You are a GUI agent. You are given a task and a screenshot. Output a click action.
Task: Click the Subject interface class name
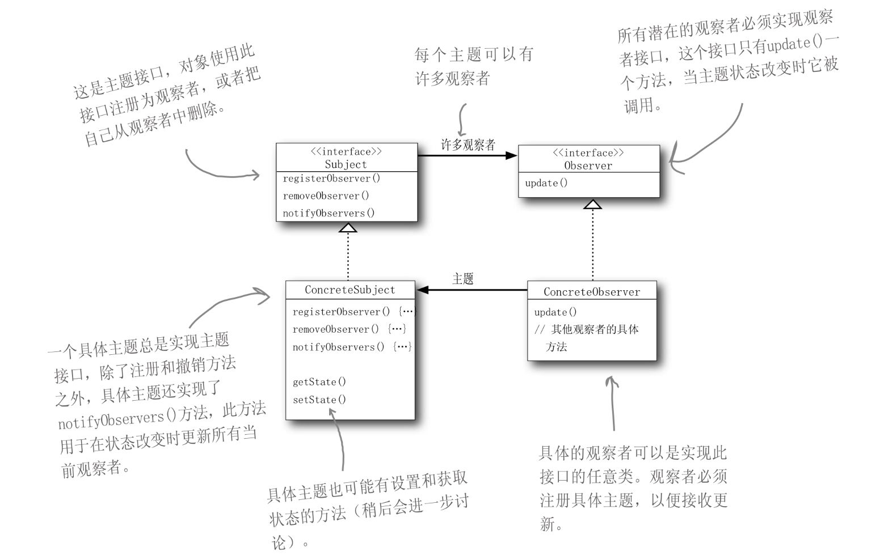click(346, 164)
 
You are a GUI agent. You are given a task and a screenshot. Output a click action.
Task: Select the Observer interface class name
click(588, 166)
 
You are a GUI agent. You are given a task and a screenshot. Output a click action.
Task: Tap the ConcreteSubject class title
click(350, 290)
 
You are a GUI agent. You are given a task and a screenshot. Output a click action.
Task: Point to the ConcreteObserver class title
click(591, 292)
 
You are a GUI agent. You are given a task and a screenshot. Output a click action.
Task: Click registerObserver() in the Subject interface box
click(331, 179)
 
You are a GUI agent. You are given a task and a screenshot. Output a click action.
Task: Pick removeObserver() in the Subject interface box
click(326, 196)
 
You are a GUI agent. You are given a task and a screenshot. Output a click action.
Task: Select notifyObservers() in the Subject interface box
click(329, 213)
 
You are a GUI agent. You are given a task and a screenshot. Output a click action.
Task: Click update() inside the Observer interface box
click(546, 183)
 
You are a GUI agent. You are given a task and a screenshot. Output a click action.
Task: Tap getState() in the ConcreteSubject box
click(319, 381)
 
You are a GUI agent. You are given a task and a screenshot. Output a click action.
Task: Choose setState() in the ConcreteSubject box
click(319, 399)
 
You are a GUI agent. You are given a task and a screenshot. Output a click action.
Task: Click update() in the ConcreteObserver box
click(555, 312)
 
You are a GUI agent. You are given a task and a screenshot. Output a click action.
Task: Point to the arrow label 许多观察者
click(468, 145)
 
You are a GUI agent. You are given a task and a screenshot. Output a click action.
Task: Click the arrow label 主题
click(462, 278)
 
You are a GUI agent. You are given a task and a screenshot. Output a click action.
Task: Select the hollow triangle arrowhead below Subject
click(348, 227)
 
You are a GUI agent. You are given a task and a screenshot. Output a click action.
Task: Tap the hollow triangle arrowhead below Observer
click(592, 203)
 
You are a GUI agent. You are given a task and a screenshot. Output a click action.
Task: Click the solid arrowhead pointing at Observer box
click(511, 155)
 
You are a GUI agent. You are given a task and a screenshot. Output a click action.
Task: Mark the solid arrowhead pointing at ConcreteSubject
click(423, 290)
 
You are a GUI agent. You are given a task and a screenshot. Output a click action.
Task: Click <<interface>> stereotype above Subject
click(346, 151)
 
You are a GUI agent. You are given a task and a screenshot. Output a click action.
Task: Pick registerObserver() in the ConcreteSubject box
click(341, 312)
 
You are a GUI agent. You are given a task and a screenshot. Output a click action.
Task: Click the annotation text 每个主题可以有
click(473, 54)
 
